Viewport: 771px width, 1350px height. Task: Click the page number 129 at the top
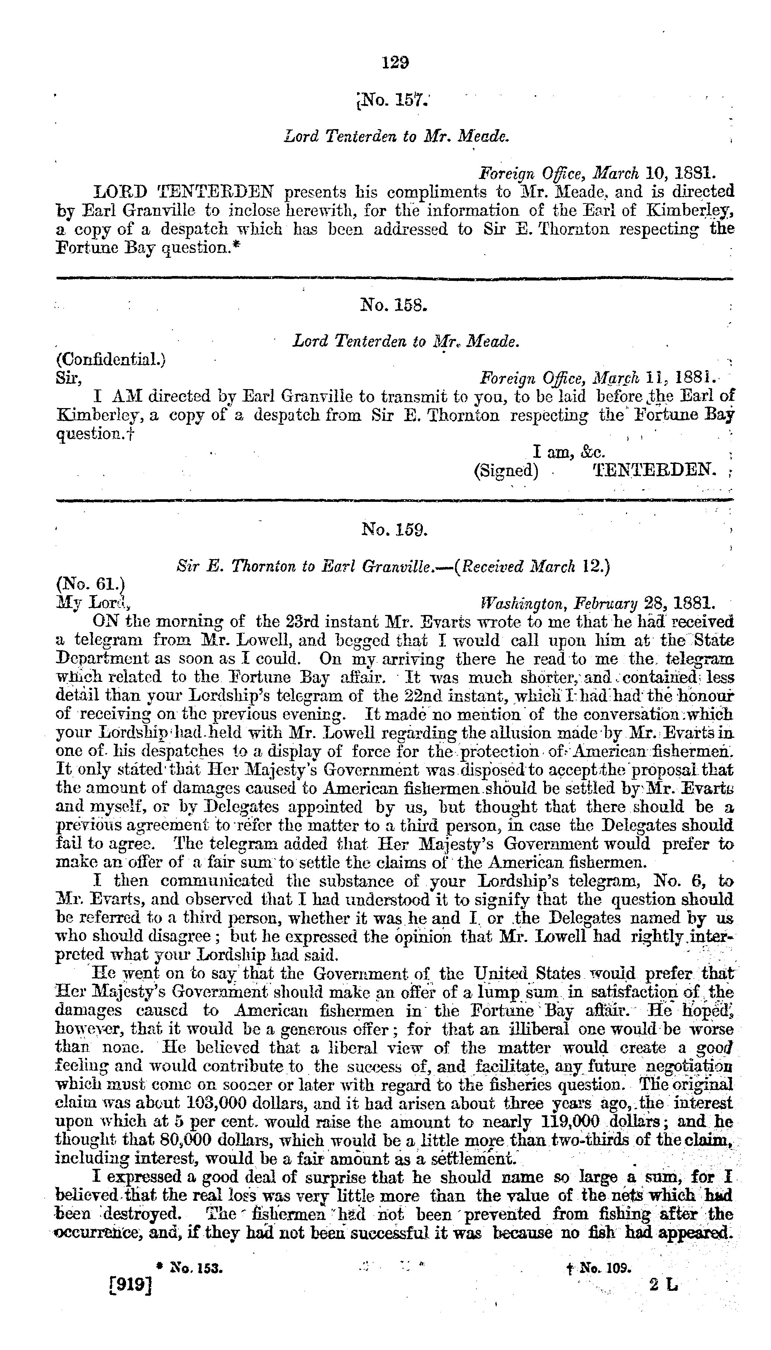(395, 62)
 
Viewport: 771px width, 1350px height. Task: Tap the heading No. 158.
(393, 305)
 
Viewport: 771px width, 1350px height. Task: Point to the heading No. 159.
(394, 529)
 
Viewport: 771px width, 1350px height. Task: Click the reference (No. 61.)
(90, 584)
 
